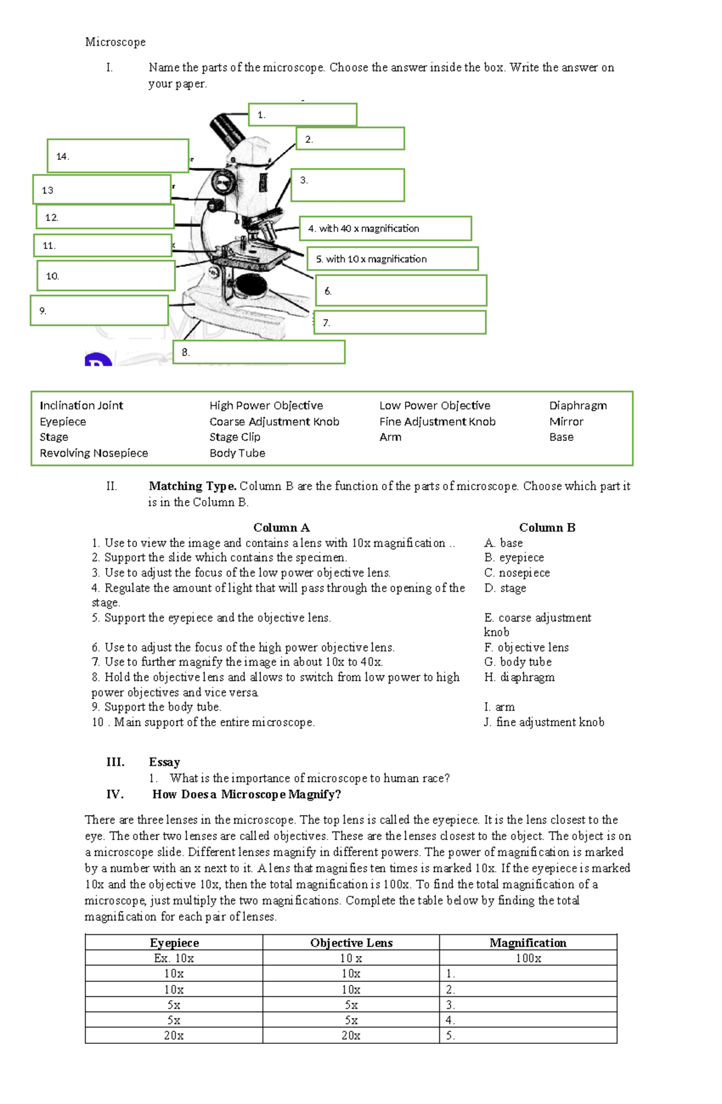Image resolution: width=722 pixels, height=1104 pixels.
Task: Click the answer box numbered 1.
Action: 303,115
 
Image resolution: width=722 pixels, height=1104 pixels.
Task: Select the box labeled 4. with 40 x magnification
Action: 385,229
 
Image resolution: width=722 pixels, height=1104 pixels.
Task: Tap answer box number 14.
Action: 118,156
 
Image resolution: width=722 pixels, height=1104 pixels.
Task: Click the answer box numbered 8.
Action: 259,353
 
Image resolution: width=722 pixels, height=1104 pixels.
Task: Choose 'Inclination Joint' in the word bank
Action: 81,406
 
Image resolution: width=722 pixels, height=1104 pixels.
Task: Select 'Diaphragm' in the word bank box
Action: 578,406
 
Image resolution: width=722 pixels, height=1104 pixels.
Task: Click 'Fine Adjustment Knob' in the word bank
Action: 437,422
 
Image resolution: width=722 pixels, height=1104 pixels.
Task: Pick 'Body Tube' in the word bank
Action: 237,453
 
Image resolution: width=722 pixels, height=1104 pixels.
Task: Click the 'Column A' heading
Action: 281,528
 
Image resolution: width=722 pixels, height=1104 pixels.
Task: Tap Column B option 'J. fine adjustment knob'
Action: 544,722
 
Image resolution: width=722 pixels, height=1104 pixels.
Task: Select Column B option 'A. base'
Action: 504,543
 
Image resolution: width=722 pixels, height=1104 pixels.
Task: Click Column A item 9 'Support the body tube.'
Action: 156,707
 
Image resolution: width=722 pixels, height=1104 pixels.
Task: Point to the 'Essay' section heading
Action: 164,762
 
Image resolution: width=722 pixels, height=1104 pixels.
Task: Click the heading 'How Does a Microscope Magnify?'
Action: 247,794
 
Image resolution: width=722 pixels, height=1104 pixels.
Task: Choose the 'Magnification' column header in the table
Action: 528,943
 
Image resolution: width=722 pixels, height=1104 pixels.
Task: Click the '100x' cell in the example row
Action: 528,958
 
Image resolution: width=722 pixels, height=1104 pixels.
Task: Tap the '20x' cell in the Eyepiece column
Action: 174,1035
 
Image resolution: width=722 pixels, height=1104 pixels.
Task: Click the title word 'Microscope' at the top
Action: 115,42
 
